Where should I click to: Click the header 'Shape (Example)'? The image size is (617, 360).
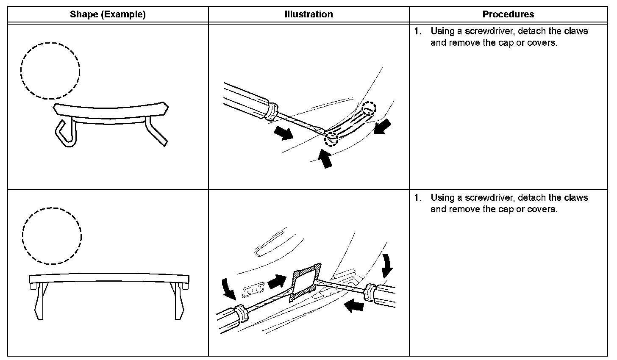[108, 14]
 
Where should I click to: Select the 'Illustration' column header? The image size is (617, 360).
[308, 14]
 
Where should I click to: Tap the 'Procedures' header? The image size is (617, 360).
[508, 14]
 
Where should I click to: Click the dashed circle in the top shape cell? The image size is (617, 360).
[50, 71]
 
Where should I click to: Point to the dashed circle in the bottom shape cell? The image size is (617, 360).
[52, 236]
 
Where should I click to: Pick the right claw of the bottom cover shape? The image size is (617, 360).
[178, 302]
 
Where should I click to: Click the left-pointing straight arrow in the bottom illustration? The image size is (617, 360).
[354, 305]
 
